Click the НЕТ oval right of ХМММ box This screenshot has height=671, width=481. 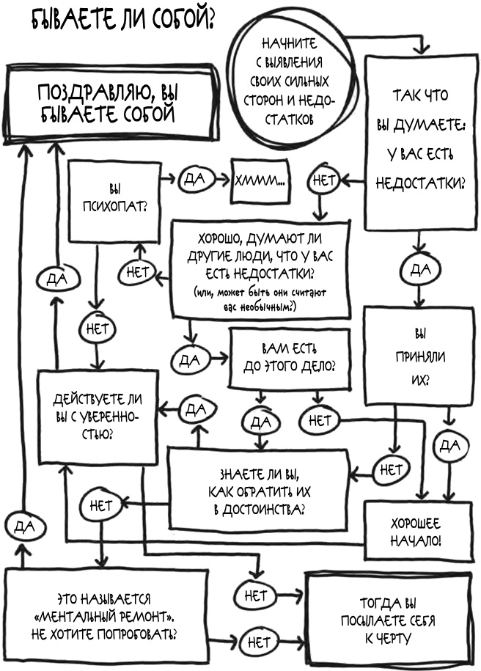[x=323, y=180]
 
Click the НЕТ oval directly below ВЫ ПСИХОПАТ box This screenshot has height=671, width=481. [x=98, y=329]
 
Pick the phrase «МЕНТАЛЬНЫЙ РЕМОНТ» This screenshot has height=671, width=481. [x=107, y=612]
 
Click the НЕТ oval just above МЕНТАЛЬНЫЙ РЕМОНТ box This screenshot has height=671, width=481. [x=101, y=505]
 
